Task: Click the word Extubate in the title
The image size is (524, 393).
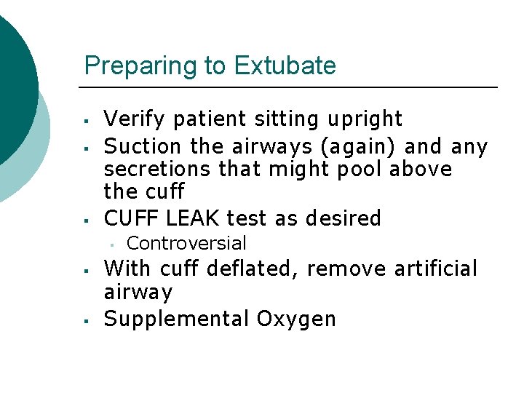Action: click(285, 65)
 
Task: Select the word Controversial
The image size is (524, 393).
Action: click(186, 243)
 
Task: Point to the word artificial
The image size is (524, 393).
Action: click(436, 269)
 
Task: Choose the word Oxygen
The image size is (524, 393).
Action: click(296, 319)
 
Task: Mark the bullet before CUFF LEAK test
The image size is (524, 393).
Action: click(86, 219)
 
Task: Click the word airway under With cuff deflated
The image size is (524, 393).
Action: click(138, 293)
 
